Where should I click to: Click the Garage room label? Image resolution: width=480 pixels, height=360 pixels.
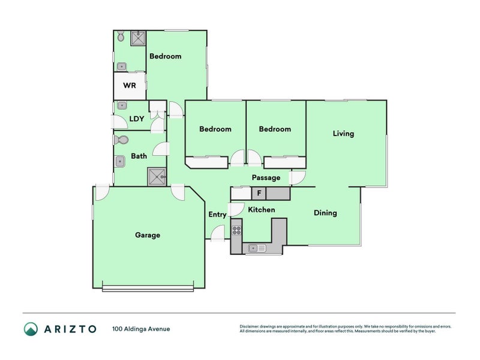[x=148, y=235]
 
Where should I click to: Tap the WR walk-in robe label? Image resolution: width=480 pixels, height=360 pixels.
[x=130, y=85]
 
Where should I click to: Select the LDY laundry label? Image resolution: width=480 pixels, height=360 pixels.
[x=137, y=119]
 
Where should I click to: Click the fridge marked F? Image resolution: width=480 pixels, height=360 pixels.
[x=259, y=193]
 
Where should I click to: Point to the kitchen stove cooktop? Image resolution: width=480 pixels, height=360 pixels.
[x=236, y=230]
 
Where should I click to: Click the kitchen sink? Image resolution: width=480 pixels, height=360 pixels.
[x=257, y=248]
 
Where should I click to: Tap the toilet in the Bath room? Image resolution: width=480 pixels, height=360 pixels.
[x=121, y=140]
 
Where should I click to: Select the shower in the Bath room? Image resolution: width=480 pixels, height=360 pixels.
[x=157, y=176]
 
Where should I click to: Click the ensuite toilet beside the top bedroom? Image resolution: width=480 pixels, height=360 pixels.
[x=121, y=37]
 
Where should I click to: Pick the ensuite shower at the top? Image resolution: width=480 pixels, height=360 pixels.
[x=139, y=38]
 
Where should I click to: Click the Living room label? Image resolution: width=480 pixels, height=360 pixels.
[x=343, y=134]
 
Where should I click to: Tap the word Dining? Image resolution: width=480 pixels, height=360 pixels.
[x=325, y=213]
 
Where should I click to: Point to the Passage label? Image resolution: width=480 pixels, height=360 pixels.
[x=266, y=178]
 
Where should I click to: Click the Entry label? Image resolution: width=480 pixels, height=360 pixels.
[x=217, y=215]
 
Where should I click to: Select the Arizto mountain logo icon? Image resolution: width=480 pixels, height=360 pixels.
[x=31, y=329]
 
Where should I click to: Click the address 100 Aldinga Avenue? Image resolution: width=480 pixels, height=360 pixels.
[x=141, y=329]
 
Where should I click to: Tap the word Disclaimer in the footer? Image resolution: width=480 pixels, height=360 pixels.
[x=249, y=326]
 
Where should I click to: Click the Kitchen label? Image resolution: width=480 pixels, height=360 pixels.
[x=262, y=209]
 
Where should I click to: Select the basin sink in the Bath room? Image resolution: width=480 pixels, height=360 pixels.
[x=119, y=161]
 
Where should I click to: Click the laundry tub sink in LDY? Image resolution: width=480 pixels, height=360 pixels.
[x=122, y=106]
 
